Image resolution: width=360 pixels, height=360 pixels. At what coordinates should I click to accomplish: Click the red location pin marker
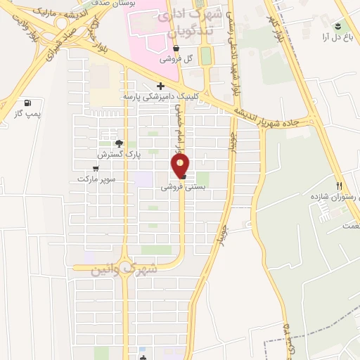pyautogui.click(x=181, y=166)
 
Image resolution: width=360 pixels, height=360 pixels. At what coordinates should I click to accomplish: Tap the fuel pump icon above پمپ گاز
pyautogui.click(x=27, y=103)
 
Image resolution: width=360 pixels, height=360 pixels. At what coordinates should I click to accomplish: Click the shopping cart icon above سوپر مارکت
pyautogui.click(x=95, y=169)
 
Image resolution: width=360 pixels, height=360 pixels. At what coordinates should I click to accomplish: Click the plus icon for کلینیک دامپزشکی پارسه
pyautogui.click(x=160, y=86)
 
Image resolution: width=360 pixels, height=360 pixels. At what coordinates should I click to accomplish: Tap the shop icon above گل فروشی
pyautogui.click(x=176, y=49)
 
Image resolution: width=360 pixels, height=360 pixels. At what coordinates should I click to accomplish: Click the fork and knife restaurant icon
pyautogui.click(x=339, y=186)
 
